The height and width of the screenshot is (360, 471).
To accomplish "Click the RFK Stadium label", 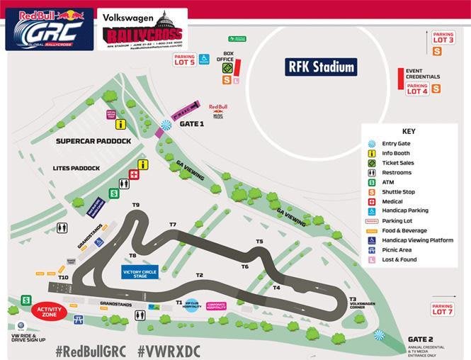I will click(x=321, y=67).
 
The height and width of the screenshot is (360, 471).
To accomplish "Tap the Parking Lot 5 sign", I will click(x=184, y=60).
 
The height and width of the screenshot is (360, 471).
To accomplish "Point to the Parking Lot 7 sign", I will click(x=442, y=309).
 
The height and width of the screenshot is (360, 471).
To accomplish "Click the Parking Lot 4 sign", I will click(x=417, y=89).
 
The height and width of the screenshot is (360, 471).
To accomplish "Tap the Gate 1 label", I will click(x=191, y=123).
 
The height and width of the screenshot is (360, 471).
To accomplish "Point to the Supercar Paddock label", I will click(x=93, y=142).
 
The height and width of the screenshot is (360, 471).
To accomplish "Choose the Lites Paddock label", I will click(x=76, y=168).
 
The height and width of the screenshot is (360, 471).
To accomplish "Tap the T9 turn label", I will click(x=135, y=206).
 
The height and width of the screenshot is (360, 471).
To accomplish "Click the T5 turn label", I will click(x=259, y=242).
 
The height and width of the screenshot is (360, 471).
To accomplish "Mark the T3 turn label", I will click(x=353, y=299).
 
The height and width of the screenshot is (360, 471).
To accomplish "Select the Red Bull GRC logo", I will click(x=50, y=29).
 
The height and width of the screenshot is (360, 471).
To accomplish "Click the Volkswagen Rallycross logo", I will click(x=142, y=30).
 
